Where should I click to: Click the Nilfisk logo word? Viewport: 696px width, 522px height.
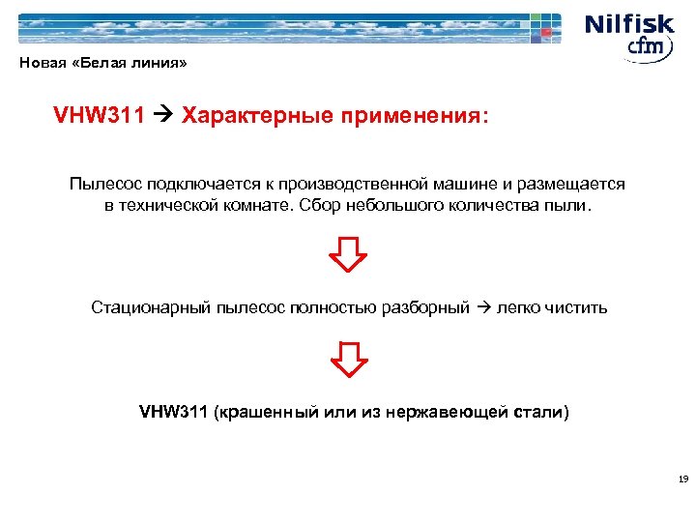[x=633, y=23]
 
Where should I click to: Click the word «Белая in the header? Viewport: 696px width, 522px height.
[x=95, y=65]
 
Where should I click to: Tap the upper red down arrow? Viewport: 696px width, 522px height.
[x=348, y=254]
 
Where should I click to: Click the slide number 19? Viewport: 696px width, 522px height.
[x=682, y=479]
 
